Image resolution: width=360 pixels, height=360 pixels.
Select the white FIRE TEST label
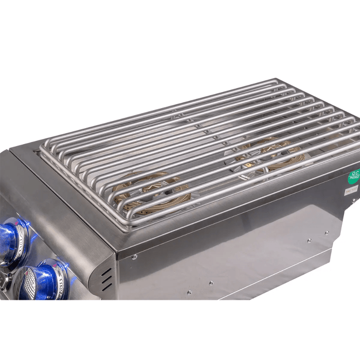tap(351, 191)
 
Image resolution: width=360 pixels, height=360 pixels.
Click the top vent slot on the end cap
tap(106, 271)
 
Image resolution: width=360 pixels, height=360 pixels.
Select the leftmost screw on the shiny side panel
tap(188, 292)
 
